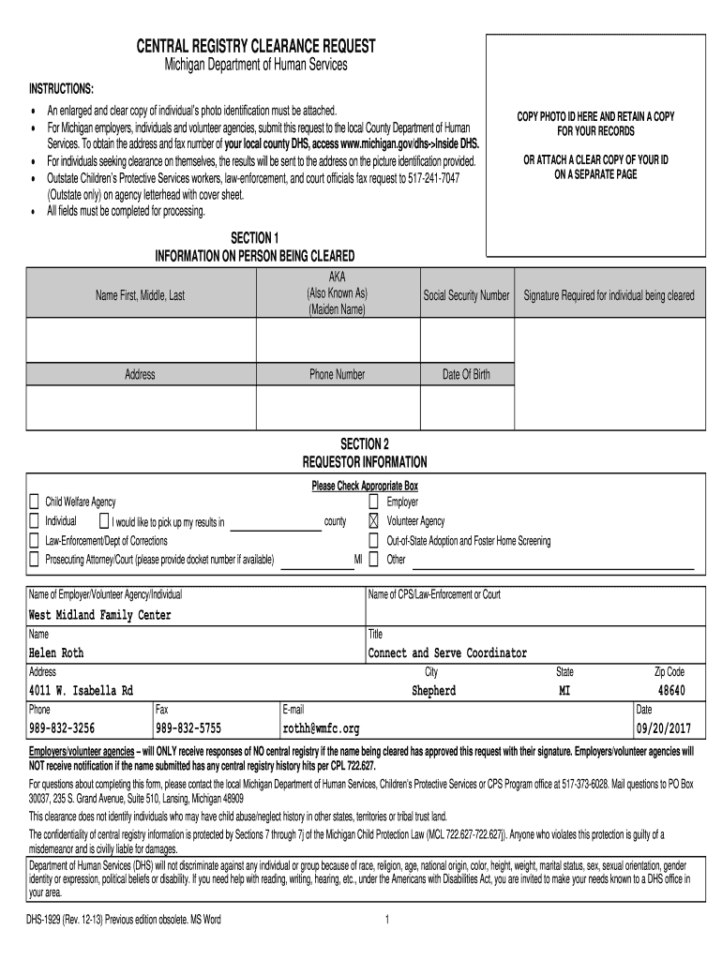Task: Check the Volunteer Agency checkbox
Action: pyautogui.click(x=373, y=521)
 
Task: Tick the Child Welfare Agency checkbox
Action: pyautogui.click(x=35, y=502)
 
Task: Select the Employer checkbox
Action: pyautogui.click(x=373, y=502)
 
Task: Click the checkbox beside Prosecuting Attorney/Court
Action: pyautogui.click(x=35, y=560)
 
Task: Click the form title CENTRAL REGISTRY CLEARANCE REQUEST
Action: pyautogui.click(x=256, y=46)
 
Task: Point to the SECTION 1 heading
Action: pyautogui.click(x=254, y=238)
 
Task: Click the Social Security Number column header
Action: pyautogui.click(x=466, y=295)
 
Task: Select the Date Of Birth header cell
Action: pyautogui.click(x=466, y=375)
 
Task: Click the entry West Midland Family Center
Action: pyautogui.click(x=100, y=615)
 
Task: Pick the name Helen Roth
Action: pyautogui.click(x=56, y=653)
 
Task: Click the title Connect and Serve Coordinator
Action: pyautogui.click(x=447, y=653)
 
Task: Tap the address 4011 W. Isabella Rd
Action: pyautogui.click(x=81, y=691)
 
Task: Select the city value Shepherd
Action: pyautogui.click(x=434, y=691)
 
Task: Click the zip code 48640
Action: pyautogui.click(x=670, y=691)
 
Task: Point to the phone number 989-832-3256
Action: pyautogui.click(x=62, y=728)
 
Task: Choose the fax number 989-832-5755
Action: pyautogui.click(x=188, y=728)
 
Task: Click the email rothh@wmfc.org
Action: pyautogui.click(x=321, y=728)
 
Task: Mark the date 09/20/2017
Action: pyautogui.click(x=664, y=728)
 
